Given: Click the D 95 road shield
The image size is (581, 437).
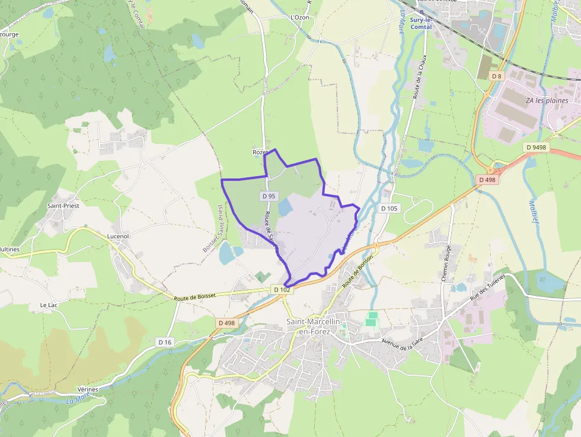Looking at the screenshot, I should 269,196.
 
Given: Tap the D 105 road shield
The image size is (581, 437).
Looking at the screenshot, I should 389,208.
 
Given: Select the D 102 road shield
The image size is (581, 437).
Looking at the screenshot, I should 282,289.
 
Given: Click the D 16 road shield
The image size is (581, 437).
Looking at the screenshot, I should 165,342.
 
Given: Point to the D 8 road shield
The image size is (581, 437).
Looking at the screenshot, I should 496,76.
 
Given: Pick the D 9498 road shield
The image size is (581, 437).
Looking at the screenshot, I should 535,146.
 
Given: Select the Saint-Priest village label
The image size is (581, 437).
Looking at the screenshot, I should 63,205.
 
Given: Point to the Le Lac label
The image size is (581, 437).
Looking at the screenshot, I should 49,305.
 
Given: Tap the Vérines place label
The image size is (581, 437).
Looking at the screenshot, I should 87,389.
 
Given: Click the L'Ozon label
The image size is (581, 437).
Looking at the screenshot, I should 300,17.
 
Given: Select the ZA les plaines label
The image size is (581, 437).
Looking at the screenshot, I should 547,100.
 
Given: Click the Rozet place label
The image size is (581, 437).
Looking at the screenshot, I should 260,152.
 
